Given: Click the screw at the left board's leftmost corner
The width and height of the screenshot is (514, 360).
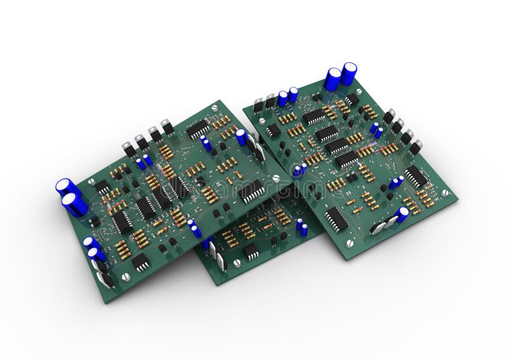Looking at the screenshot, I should click(x=92, y=182).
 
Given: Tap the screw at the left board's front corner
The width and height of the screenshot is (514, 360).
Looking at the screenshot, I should click(x=125, y=277).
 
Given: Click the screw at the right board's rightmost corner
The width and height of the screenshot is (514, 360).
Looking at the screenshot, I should click(x=444, y=192).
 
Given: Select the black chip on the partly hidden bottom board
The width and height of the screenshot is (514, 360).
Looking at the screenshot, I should click(x=251, y=251).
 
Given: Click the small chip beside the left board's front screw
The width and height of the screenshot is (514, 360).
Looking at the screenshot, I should click(x=140, y=262).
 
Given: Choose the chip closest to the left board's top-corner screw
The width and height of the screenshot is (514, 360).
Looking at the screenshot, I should click(x=199, y=129).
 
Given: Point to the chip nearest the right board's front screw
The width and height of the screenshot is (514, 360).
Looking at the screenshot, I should click(x=335, y=219).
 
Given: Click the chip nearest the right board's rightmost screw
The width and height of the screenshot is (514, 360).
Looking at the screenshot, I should click(x=416, y=176).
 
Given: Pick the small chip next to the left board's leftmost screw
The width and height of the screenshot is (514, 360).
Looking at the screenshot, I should click(x=102, y=186).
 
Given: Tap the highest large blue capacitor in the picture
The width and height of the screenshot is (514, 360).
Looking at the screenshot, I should click(x=349, y=73).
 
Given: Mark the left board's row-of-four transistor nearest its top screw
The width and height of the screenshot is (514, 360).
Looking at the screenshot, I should click(x=168, y=127).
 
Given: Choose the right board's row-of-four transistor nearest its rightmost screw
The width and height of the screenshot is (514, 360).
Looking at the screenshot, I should click(x=416, y=147).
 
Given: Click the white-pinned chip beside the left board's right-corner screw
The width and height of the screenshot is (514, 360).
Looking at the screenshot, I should click(x=252, y=191).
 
